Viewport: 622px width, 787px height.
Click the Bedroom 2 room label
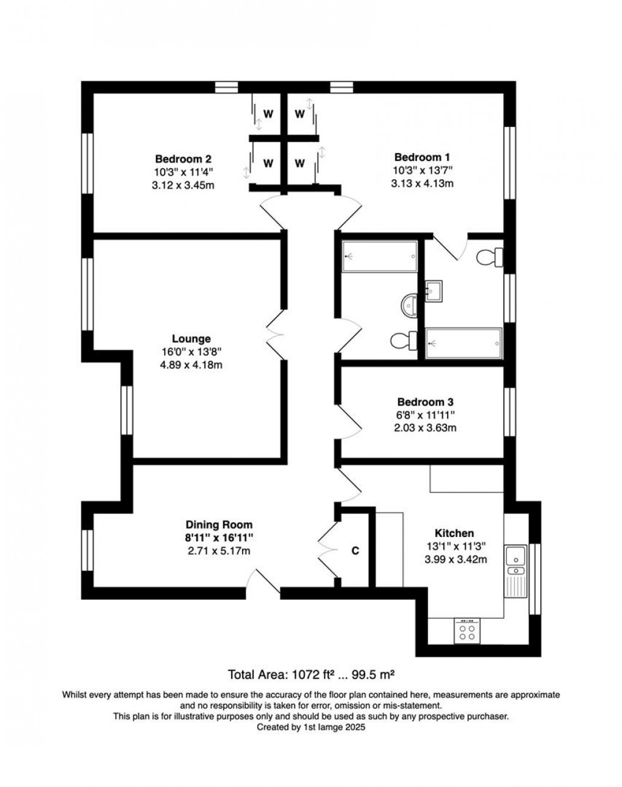point(183,159)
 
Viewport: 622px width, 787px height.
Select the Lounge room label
point(191,339)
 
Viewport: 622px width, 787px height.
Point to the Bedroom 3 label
point(426,402)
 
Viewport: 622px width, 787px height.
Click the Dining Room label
point(219,525)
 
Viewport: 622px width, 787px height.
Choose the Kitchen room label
point(454,533)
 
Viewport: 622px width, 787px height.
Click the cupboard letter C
point(355,551)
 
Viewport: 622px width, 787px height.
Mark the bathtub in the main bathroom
point(380,257)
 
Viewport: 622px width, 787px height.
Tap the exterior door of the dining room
point(265,582)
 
